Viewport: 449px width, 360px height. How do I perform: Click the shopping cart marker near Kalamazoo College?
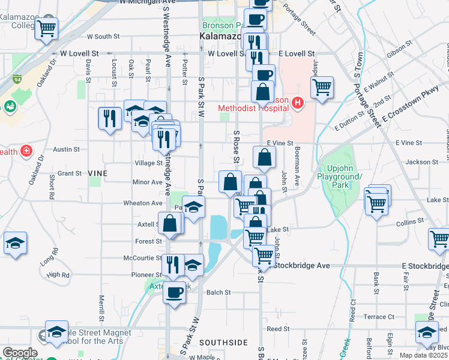tap(46, 28)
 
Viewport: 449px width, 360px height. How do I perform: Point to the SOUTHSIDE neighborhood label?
tap(223, 343)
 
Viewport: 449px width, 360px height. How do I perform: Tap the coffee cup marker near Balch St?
tap(175, 293)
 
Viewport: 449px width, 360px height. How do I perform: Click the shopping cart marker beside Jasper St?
tap(322, 87)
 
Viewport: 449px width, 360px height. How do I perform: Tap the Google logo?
tap(20, 352)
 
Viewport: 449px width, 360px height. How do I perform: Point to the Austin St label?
tap(62, 149)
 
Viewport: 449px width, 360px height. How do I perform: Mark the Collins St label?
tap(410, 221)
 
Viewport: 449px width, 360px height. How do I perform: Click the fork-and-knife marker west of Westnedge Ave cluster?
tap(109, 117)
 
